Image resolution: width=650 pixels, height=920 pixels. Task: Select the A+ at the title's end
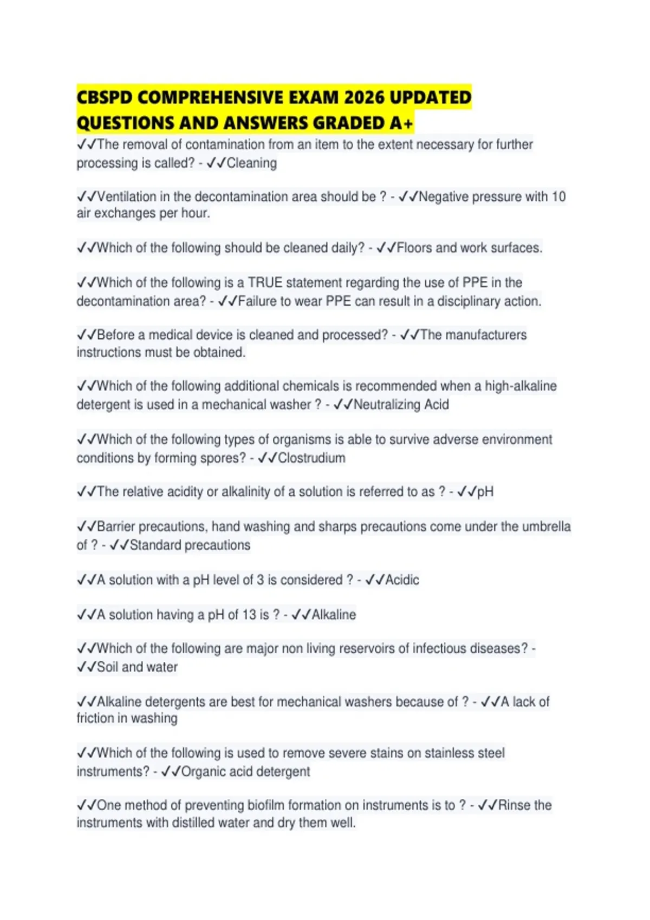point(401,123)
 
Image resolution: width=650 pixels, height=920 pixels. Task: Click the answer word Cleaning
point(251,163)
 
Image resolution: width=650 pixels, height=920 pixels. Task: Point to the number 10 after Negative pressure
point(558,196)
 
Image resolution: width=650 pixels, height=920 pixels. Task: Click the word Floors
point(414,248)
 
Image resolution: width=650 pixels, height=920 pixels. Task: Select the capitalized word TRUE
point(265,282)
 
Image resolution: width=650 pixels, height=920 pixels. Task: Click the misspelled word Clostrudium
point(311,458)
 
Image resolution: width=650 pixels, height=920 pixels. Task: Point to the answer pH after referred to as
point(485,492)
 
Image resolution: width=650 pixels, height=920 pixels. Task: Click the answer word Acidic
point(402,580)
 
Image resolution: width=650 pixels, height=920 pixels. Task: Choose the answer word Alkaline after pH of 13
point(334,615)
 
